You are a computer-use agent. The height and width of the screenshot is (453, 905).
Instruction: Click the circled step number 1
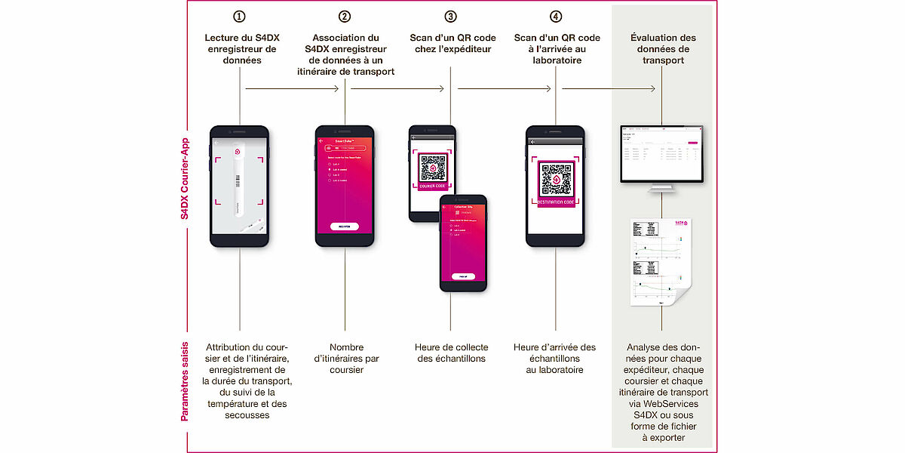[240, 16]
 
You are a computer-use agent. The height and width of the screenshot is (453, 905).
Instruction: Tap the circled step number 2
[345, 16]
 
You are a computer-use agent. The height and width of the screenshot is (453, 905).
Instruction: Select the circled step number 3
[450, 16]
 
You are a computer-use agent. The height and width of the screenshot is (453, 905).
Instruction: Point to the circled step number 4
[556, 16]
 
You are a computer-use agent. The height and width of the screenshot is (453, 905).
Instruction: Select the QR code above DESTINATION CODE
[556, 178]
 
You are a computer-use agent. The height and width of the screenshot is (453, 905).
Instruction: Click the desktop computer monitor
[662, 156]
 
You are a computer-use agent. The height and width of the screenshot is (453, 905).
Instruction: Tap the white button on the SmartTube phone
[345, 226]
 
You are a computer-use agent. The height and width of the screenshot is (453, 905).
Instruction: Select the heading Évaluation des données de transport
[663, 49]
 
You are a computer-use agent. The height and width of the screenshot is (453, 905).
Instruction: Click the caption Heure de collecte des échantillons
[451, 353]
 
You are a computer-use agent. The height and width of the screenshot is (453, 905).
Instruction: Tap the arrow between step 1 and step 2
[293, 89]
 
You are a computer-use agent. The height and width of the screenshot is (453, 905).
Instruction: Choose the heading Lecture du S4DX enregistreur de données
[240, 49]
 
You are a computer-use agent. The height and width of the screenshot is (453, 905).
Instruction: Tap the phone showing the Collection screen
[463, 242]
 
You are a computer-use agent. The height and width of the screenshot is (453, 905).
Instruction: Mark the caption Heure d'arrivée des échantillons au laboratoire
[555, 359]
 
